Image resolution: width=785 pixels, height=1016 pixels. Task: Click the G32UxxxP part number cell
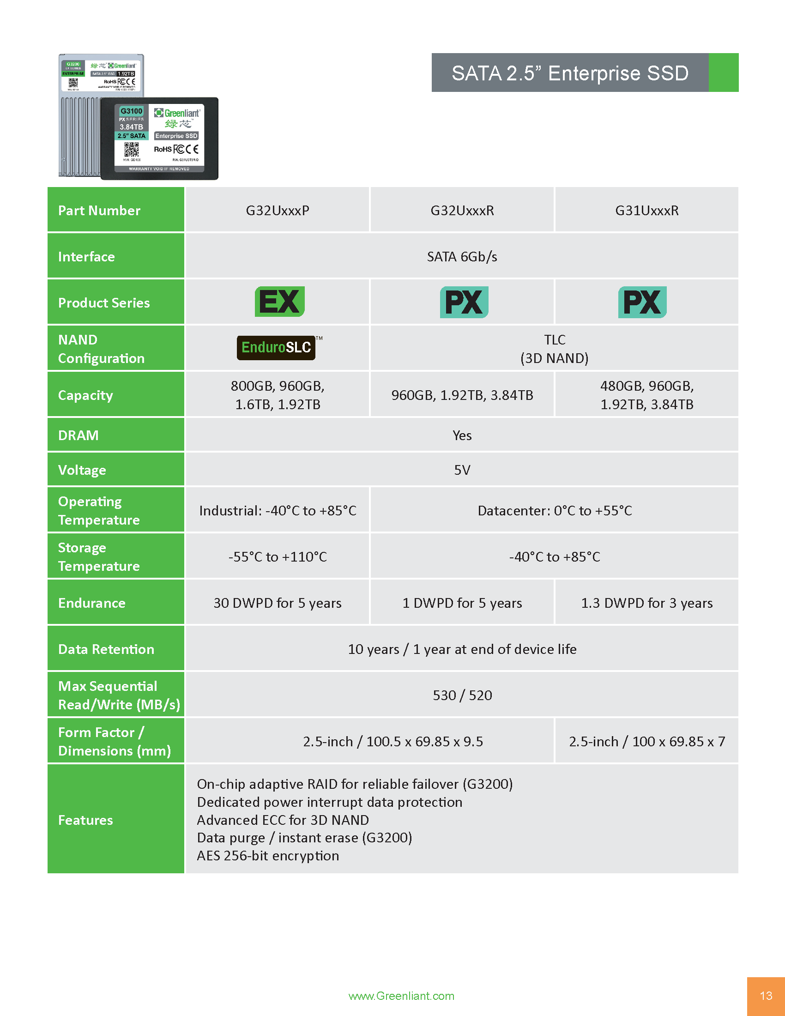click(277, 210)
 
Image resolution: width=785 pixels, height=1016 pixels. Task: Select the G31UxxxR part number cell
click(646, 210)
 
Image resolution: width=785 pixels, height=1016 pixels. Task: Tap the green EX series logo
click(279, 302)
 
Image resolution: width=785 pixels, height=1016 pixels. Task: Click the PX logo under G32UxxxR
click(464, 302)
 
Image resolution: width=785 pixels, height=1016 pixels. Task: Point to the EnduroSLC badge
click(276, 347)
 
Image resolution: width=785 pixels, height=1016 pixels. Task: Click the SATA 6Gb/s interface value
click(462, 256)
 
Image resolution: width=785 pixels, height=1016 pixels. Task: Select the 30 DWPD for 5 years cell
click(277, 603)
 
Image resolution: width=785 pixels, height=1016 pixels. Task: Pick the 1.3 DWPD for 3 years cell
click(646, 603)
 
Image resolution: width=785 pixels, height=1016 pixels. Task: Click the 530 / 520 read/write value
click(462, 695)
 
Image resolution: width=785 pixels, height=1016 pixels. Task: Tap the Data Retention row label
click(106, 649)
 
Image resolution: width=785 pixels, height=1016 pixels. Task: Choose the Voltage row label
click(82, 470)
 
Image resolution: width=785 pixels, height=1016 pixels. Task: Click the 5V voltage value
click(462, 470)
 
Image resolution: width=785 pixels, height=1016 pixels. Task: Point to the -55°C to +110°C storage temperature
click(277, 556)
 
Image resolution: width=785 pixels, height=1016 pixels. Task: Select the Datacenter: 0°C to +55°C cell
click(554, 510)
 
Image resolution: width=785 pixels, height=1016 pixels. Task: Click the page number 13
click(766, 996)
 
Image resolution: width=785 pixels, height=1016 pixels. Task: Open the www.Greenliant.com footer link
click(401, 996)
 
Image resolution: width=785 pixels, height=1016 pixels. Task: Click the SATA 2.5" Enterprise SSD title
click(570, 73)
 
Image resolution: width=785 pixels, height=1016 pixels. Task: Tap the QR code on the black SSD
click(131, 149)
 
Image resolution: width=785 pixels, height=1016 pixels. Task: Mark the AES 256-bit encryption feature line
click(268, 855)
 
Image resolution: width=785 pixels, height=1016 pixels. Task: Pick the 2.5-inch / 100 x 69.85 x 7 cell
click(646, 741)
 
